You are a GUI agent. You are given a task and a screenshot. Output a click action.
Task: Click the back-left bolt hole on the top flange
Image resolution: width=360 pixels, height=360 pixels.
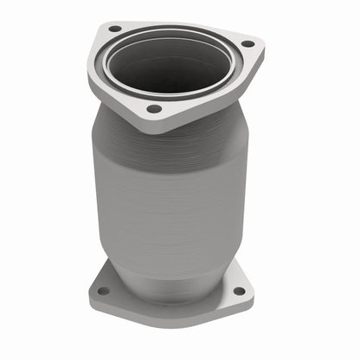114,29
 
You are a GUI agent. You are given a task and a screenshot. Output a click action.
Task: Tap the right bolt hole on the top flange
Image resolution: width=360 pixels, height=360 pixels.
247,43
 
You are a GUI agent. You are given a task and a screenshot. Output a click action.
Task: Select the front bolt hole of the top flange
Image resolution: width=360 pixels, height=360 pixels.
154,109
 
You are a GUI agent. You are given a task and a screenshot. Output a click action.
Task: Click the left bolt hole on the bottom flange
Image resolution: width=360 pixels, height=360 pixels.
104,291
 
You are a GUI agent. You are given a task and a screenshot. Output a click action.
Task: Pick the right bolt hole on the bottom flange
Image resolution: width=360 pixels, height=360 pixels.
238,291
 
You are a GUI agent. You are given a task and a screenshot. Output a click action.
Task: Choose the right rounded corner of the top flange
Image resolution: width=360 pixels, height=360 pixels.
257,43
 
